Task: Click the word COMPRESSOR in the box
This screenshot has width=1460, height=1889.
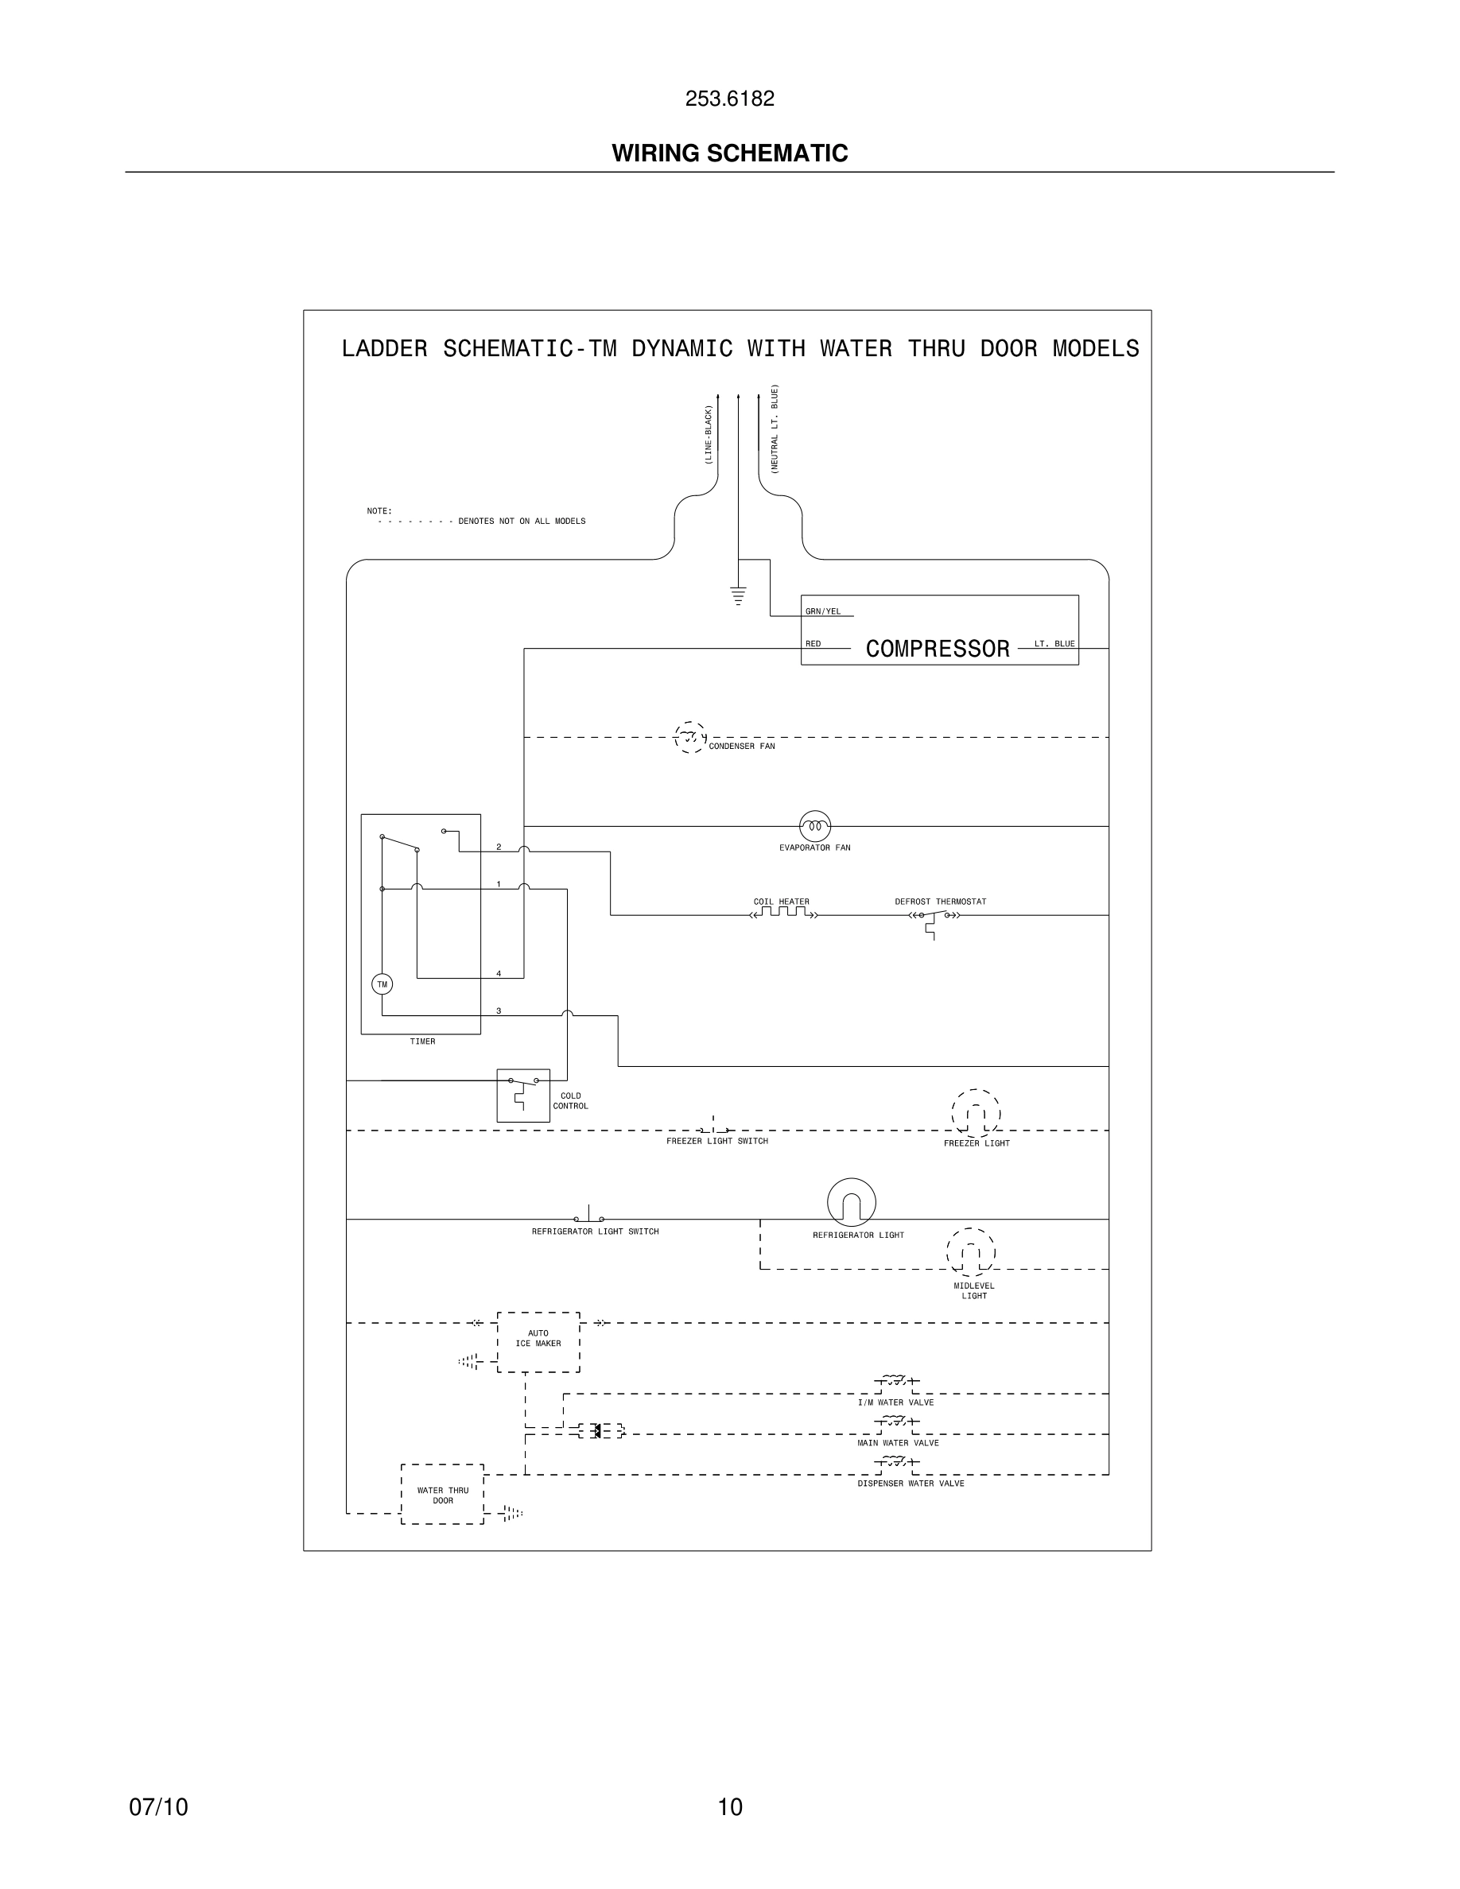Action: point(938,649)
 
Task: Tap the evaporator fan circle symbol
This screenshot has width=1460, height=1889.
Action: point(815,826)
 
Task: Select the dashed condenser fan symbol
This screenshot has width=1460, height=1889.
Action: point(689,737)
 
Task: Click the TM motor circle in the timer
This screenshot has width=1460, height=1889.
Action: point(382,984)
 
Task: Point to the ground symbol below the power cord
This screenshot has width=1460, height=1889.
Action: point(738,595)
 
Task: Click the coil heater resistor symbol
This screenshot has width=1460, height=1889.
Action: point(783,913)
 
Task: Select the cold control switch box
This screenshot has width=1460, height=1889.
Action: point(522,1095)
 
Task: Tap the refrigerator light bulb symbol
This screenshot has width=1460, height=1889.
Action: point(851,1202)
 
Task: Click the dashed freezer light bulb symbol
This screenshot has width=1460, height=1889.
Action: point(976,1113)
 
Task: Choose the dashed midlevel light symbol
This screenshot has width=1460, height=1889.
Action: point(970,1251)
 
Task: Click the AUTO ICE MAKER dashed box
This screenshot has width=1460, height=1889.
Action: point(538,1341)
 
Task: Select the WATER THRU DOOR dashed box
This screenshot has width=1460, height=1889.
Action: point(442,1495)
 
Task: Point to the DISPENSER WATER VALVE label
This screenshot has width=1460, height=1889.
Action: point(911,1484)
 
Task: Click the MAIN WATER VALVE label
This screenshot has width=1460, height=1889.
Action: point(898,1443)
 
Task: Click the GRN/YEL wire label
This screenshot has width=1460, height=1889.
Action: point(822,611)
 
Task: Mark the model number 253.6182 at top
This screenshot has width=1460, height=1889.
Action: point(729,99)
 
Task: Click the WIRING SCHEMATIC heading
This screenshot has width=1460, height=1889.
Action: point(729,153)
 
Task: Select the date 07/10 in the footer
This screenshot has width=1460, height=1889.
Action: point(158,1807)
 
